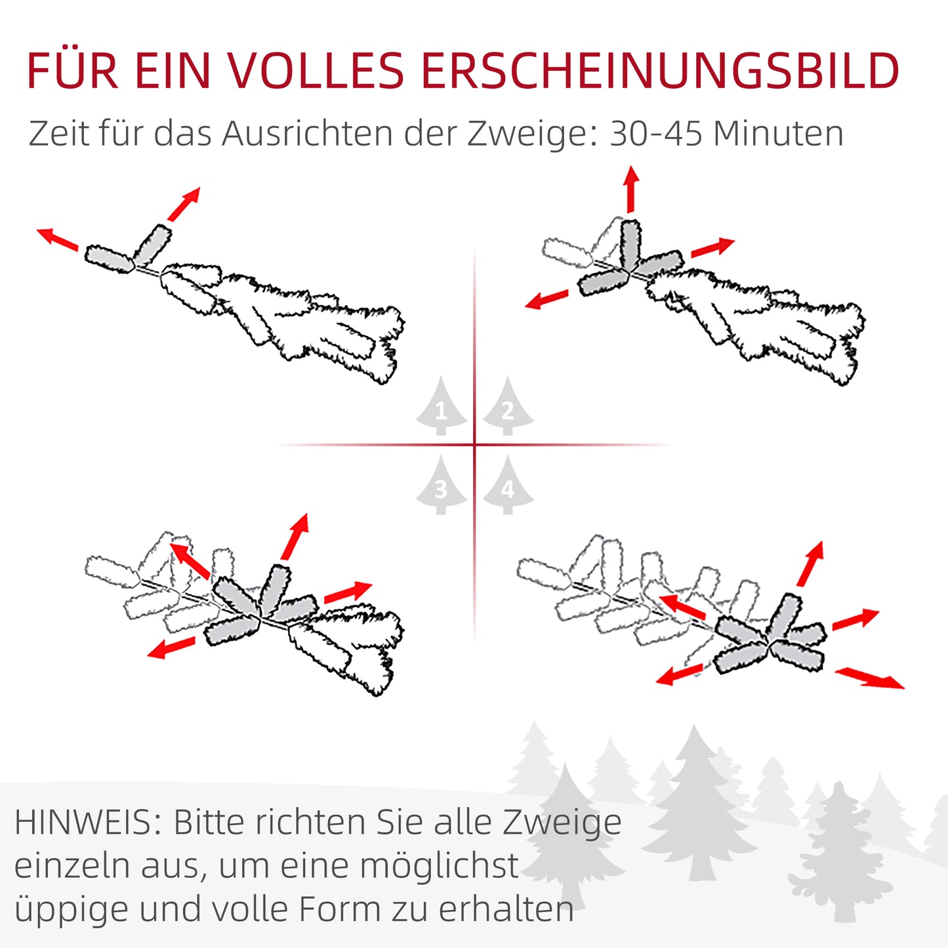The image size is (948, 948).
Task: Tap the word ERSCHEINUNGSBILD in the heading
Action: click(x=659, y=70)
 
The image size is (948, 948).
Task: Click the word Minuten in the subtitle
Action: click(x=778, y=133)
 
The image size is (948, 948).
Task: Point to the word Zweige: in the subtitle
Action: click(x=532, y=134)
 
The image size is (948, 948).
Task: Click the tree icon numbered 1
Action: click(x=441, y=407)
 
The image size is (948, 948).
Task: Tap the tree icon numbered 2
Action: click(x=508, y=407)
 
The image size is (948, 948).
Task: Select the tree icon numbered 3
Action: click(x=441, y=486)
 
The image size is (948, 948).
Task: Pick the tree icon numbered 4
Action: click(x=508, y=486)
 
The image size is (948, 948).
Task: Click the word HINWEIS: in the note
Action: click(x=88, y=822)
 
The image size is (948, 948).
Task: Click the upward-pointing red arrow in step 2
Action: click(x=631, y=189)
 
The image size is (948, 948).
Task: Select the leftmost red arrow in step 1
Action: click(x=58, y=239)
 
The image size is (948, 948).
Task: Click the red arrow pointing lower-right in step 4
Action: click(x=869, y=678)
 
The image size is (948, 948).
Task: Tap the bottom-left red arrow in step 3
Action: click(x=171, y=647)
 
